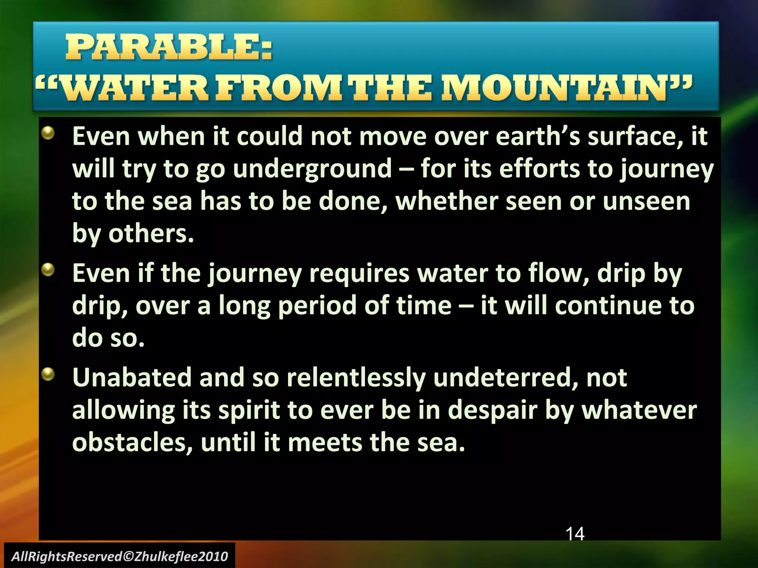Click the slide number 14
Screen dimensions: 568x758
pyautogui.click(x=575, y=534)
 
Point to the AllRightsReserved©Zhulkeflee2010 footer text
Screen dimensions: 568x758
pyautogui.click(x=120, y=556)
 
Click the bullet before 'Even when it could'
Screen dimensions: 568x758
pyautogui.click(x=48, y=133)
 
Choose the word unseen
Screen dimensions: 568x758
pyautogui.click(x=646, y=201)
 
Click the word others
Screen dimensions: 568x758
pyautogui.click(x=151, y=234)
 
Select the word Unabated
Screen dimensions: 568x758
pyautogui.click(x=132, y=378)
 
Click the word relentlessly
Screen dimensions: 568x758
pyautogui.click(x=356, y=378)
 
